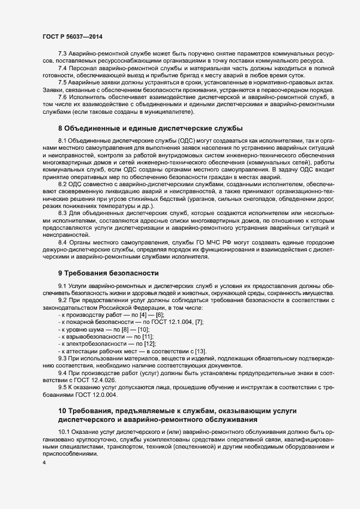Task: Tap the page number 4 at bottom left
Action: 44,463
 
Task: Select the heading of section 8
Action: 150,128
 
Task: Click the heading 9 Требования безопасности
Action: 108,272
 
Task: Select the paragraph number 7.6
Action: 62,97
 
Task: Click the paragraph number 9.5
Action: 62,387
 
